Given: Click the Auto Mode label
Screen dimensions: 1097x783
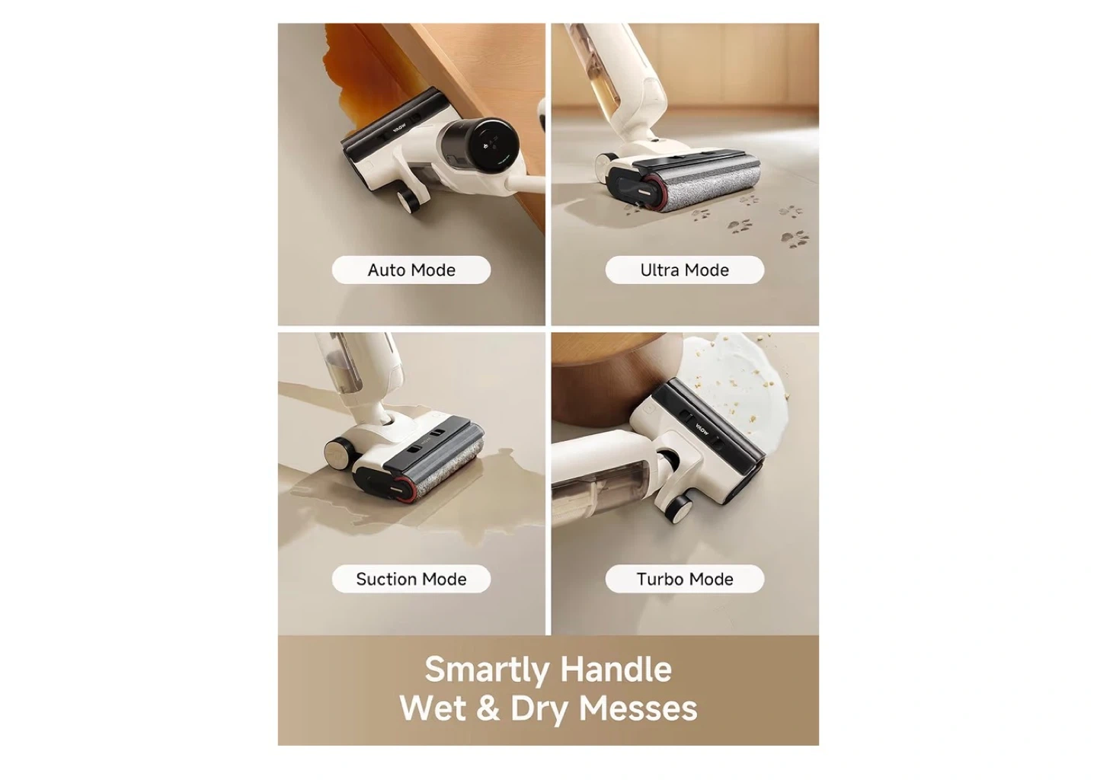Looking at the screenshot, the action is coord(411,270).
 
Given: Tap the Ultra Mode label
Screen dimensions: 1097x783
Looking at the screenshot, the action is coord(685,270).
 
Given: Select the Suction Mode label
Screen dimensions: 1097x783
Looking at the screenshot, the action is coord(411,579).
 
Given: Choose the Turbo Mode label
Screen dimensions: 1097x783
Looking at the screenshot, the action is coord(685,579).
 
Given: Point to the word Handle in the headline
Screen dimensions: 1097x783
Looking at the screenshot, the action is coord(616,669).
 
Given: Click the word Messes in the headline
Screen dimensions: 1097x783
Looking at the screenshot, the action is coord(638,708).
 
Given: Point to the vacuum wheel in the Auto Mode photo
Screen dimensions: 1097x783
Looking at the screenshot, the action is coord(408,201).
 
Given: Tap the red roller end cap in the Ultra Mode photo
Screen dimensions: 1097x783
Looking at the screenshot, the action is coord(651,193).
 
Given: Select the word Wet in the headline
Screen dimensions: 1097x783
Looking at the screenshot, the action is coord(433,708).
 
